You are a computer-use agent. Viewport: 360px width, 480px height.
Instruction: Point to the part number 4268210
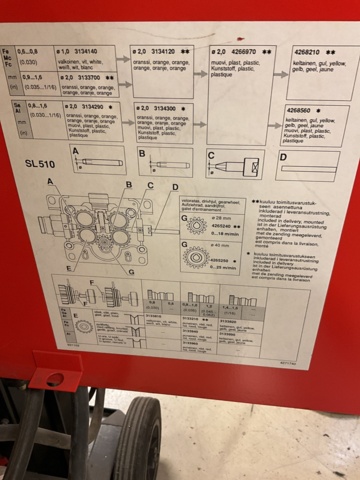pyautogui.click(x=305, y=48)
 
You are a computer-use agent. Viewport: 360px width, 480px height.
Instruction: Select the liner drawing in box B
pyautogui.click(x=171, y=161)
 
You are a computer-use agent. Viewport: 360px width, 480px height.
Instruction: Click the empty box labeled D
pyautogui.click(x=311, y=163)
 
